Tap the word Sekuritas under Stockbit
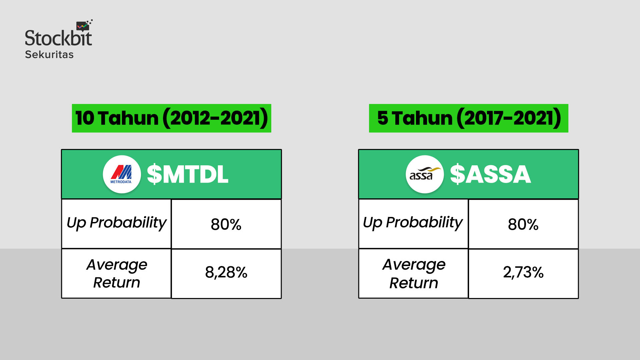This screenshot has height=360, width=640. pyautogui.click(x=49, y=55)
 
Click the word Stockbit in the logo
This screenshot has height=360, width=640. pyautogui.click(x=58, y=38)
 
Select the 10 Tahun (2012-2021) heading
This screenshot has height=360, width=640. pyautogui.click(x=171, y=118)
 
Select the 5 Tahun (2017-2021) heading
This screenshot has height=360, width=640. pyautogui.click(x=468, y=118)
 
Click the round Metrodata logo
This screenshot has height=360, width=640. pyautogui.click(x=122, y=174)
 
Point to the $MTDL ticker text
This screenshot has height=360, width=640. pyautogui.click(x=188, y=174)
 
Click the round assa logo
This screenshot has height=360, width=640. pyautogui.click(x=425, y=174)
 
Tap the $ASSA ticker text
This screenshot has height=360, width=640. pyautogui.click(x=490, y=174)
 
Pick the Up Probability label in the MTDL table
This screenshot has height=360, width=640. pyautogui.click(x=116, y=223)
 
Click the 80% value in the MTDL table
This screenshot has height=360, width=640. pyautogui.click(x=226, y=224)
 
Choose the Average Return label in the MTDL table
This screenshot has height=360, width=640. pyautogui.click(x=116, y=273)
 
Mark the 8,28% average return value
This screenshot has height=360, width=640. pyautogui.click(x=226, y=272)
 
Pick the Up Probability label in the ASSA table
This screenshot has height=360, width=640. pyautogui.click(x=413, y=223)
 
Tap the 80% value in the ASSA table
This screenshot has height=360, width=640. pyautogui.click(x=523, y=224)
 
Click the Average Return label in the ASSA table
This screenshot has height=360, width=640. pyautogui.click(x=414, y=273)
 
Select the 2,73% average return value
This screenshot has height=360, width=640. pyautogui.click(x=523, y=272)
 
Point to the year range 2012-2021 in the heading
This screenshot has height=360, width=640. pyautogui.click(x=215, y=118)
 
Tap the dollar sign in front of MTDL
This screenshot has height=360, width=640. pyautogui.click(x=154, y=174)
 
